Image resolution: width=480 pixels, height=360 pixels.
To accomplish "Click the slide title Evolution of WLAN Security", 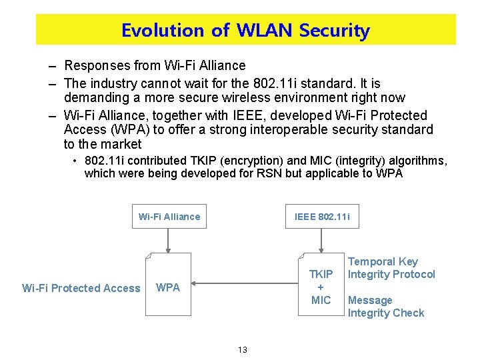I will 245,31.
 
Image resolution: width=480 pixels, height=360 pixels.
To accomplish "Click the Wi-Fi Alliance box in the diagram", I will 169,217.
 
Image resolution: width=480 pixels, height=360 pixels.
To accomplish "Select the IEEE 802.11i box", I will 322,217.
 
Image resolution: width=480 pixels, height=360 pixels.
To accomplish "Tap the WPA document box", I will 168,288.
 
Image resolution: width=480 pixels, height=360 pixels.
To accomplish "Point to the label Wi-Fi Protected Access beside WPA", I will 81,288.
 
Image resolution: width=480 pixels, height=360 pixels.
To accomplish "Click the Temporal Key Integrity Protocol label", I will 391,268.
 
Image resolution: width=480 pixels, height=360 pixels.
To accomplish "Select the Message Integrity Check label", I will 386,307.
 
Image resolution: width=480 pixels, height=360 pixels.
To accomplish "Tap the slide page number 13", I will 242,349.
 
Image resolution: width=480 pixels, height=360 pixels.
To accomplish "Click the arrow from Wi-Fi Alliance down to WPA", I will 169,241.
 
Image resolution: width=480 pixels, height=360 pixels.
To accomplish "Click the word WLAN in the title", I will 265,31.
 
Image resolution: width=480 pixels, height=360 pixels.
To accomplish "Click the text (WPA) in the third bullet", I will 112,129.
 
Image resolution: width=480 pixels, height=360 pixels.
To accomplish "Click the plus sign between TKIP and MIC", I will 321,287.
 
